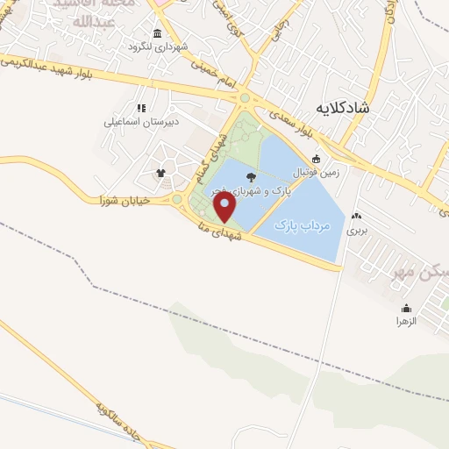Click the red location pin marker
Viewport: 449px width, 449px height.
pos(225,208)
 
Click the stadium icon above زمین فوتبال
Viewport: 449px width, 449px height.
pos(316,160)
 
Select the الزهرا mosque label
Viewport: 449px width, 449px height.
pos(406,322)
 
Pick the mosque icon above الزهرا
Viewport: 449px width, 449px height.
pos(406,308)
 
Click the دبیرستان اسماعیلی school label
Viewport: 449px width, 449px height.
pos(140,122)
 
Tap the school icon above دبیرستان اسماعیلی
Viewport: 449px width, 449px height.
pos(140,108)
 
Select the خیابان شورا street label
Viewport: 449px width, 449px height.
pos(129,200)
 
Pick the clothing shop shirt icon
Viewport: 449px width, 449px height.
pos(160,172)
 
